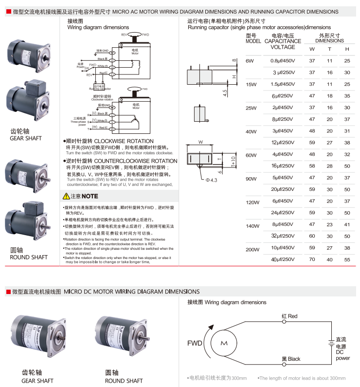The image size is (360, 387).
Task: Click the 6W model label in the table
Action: (x=250, y=61)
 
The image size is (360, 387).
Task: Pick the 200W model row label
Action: (x=252, y=250)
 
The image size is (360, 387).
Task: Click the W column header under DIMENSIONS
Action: (x=312, y=49)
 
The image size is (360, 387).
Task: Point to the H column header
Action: (x=347, y=49)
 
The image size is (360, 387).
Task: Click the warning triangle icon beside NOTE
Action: (x=67, y=196)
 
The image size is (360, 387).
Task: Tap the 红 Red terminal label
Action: (x=289, y=316)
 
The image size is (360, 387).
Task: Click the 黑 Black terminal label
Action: (x=291, y=359)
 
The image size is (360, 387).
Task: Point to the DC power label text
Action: (x=342, y=355)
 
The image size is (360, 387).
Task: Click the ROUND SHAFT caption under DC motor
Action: (x=124, y=381)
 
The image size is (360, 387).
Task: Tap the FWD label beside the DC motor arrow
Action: (x=195, y=344)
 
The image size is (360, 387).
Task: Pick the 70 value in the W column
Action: (x=312, y=259)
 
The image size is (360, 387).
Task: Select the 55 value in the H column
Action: (x=347, y=259)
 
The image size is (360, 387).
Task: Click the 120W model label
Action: (x=252, y=202)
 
